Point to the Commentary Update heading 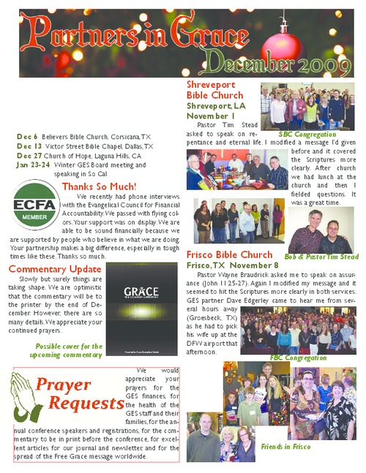tap(55, 269)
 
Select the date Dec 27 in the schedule tap(29, 155)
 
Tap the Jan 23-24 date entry tap(31, 164)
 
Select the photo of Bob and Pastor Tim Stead tap(321, 230)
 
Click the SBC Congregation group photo tap(307, 105)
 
